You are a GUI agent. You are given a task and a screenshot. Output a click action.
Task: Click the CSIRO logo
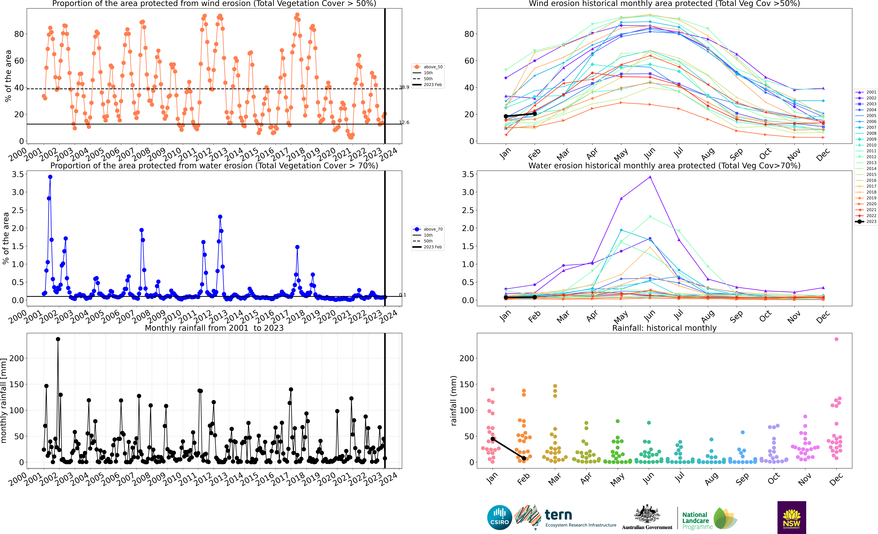click(x=500, y=517)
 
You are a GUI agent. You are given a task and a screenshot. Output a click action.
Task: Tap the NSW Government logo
click(x=792, y=517)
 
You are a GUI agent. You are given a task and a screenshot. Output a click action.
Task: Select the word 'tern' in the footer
click(x=558, y=515)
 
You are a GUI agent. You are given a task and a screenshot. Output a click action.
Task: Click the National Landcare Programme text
click(x=697, y=521)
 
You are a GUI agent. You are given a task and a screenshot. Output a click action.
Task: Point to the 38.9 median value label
click(x=404, y=87)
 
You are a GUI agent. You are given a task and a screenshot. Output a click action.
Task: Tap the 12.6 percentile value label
click(x=404, y=122)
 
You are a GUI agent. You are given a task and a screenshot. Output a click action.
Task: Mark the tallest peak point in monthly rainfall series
click(x=58, y=339)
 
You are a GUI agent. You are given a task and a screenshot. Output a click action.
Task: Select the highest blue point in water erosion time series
click(x=50, y=177)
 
